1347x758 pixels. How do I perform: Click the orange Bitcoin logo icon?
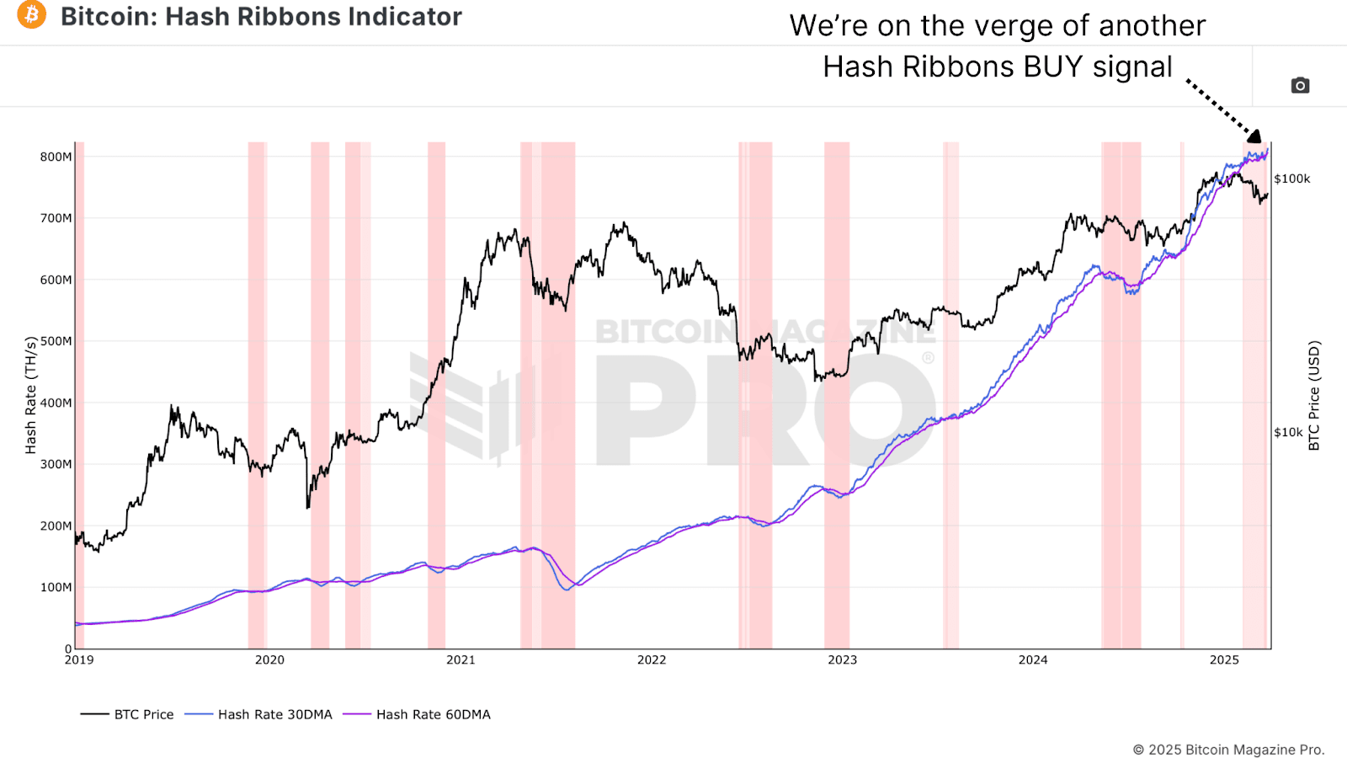pyautogui.click(x=32, y=15)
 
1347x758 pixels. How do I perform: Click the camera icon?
pyautogui.click(x=1300, y=85)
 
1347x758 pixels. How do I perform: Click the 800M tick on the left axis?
pyautogui.click(x=56, y=157)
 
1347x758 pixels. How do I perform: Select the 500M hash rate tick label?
pyautogui.click(x=56, y=341)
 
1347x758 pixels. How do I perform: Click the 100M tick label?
pyautogui.click(x=56, y=587)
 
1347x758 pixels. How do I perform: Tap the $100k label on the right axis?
pyautogui.click(x=1291, y=179)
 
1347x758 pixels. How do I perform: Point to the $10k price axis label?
pyautogui.click(x=1288, y=432)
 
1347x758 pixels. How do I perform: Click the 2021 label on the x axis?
pyautogui.click(x=461, y=660)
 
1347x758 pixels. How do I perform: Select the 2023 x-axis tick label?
pyautogui.click(x=842, y=660)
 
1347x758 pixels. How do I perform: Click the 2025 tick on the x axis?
pyautogui.click(x=1224, y=660)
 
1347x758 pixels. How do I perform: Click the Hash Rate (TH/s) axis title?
pyautogui.click(x=31, y=395)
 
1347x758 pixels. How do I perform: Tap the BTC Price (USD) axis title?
pyautogui.click(x=1314, y=395)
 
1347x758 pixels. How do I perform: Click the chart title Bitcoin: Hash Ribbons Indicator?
pyautogui.click(x=261, y=16)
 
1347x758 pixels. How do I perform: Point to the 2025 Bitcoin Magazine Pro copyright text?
pyautogui.click(x=1228, y=750)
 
